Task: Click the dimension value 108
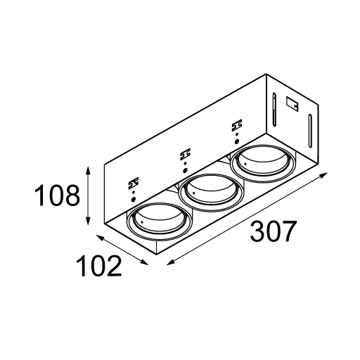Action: pyautogui.click(x=57, y=195)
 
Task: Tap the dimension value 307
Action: pyautogui.click(x=272, y=231)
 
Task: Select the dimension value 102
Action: pyautogui.click(x=98, y=266)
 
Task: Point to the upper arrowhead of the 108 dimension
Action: pyautogui.click(x=88, y=171)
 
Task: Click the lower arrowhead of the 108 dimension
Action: pyautogui.click(x=88, y=220)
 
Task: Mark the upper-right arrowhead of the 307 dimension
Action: pyautogui.click(x=323, y=176)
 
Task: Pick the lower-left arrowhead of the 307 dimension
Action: pyautogui.click(x=171, y=262)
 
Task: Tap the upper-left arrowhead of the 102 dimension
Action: pyautogui.click(x=101, y=238)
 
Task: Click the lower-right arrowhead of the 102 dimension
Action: pyautogui.click(x=143, y=262)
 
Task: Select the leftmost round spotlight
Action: pyautogui.click(x=160, y=221)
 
